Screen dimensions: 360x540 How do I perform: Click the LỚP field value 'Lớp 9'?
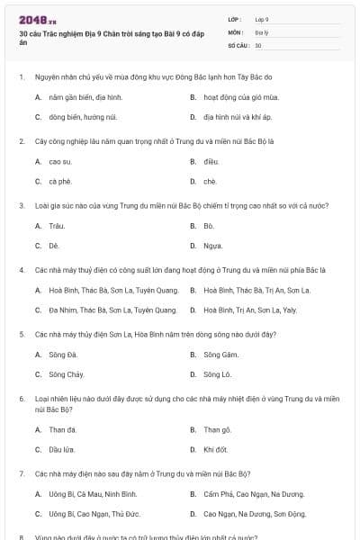click(x=262, y=19)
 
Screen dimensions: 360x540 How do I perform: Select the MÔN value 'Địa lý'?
click(x=261, y=31)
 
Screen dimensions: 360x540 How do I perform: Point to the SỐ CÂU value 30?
click(x=258, y=44)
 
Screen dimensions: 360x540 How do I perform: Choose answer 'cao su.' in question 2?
click(x=60, y=161)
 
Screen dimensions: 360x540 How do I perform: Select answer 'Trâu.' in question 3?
click(x=58, y=225)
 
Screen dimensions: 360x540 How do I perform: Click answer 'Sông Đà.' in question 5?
click(x=64, y=354)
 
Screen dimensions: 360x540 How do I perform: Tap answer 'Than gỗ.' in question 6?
click(x=217, y=429)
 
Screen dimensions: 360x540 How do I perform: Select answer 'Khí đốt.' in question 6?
click(x=215, y=449)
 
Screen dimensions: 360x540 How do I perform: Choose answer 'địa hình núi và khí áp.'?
click(x=238, y=116)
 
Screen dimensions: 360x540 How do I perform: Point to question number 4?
click(x=21, y=270)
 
